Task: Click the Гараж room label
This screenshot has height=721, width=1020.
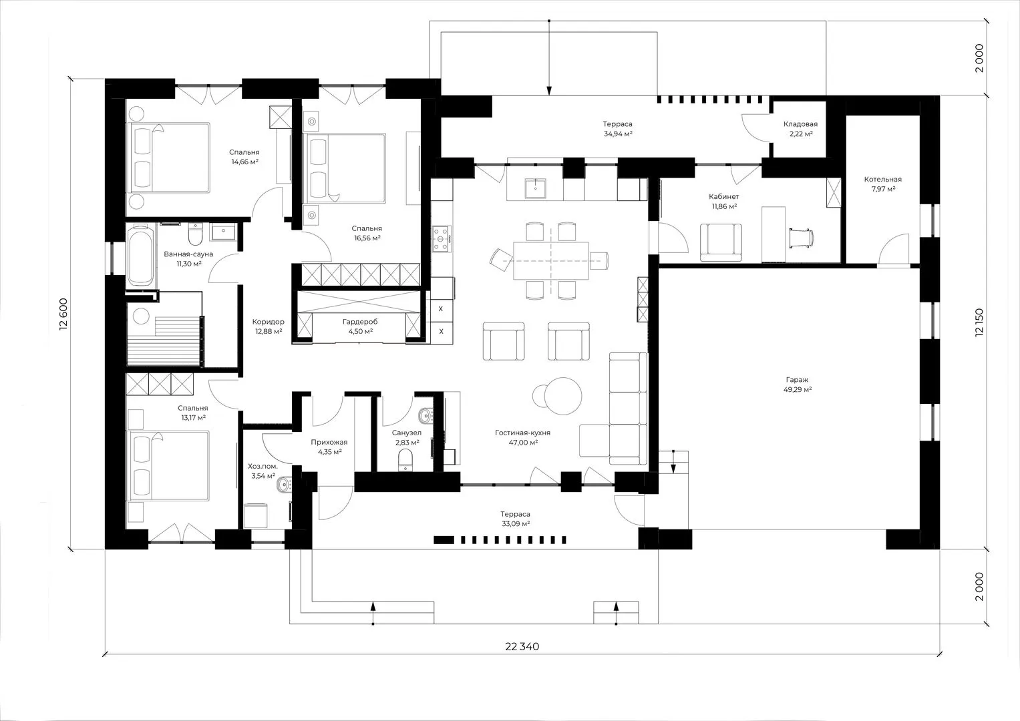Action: (797, 380)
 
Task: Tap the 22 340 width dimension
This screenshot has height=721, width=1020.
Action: (522, 646)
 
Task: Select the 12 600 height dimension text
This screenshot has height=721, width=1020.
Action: (63, 313)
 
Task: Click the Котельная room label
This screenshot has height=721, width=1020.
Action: (883, 180)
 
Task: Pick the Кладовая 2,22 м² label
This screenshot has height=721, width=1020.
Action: (800, 129)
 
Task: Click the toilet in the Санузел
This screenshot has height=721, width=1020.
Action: (405, 460)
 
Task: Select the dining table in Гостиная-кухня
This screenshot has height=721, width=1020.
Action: (552, 261)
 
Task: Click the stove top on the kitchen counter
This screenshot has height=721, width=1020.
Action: (442, 239)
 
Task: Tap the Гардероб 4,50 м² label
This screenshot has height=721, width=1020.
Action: (360, 326)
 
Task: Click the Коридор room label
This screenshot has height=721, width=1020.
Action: (269, 322)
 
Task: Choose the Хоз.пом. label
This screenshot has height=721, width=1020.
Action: (263, 466)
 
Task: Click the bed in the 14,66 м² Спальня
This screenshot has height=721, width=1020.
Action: (168, 158)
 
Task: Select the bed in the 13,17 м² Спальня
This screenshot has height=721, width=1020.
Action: (168, 467)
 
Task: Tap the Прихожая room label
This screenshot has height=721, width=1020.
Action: (329, 442)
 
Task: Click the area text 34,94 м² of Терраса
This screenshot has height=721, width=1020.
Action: (618, 134)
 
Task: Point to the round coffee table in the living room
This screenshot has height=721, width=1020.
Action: (563, 396)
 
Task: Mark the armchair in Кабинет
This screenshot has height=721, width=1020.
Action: (721, 242)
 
